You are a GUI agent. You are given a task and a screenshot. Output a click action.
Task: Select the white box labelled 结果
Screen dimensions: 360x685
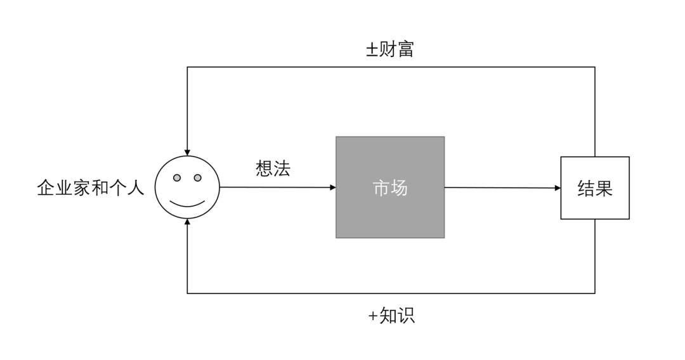(x=595, y=188)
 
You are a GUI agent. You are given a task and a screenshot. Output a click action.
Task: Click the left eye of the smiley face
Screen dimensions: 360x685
(x=178, y=177)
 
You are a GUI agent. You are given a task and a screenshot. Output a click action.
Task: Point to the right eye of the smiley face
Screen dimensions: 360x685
(x=197, y=177)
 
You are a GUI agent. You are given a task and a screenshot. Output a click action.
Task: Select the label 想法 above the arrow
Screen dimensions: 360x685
(x=273, y=169)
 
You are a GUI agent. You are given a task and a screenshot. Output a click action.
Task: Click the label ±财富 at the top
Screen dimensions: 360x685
(x=389, y=49)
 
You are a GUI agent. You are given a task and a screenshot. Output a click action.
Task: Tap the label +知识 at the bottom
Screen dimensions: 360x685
(x=391, y=316)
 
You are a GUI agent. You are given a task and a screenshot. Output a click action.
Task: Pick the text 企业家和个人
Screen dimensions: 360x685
(x=91, y=188)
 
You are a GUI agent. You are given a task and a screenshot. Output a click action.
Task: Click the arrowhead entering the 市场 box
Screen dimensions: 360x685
(x=332, y=188)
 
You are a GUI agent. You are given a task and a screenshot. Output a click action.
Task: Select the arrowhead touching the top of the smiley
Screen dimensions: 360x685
(x=187, y=152)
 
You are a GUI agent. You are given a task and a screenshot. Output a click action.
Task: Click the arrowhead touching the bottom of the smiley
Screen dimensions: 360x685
(x=187, y=222)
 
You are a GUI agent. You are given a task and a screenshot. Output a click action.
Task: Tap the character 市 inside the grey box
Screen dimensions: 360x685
(x=381, y=188)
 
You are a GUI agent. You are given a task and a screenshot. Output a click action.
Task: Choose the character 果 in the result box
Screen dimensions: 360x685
(x=604, y=188)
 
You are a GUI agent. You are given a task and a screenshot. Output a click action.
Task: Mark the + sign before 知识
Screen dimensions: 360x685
(x=373, y=316)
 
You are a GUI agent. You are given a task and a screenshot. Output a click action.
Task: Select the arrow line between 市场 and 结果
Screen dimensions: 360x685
(x=501, y=188)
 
